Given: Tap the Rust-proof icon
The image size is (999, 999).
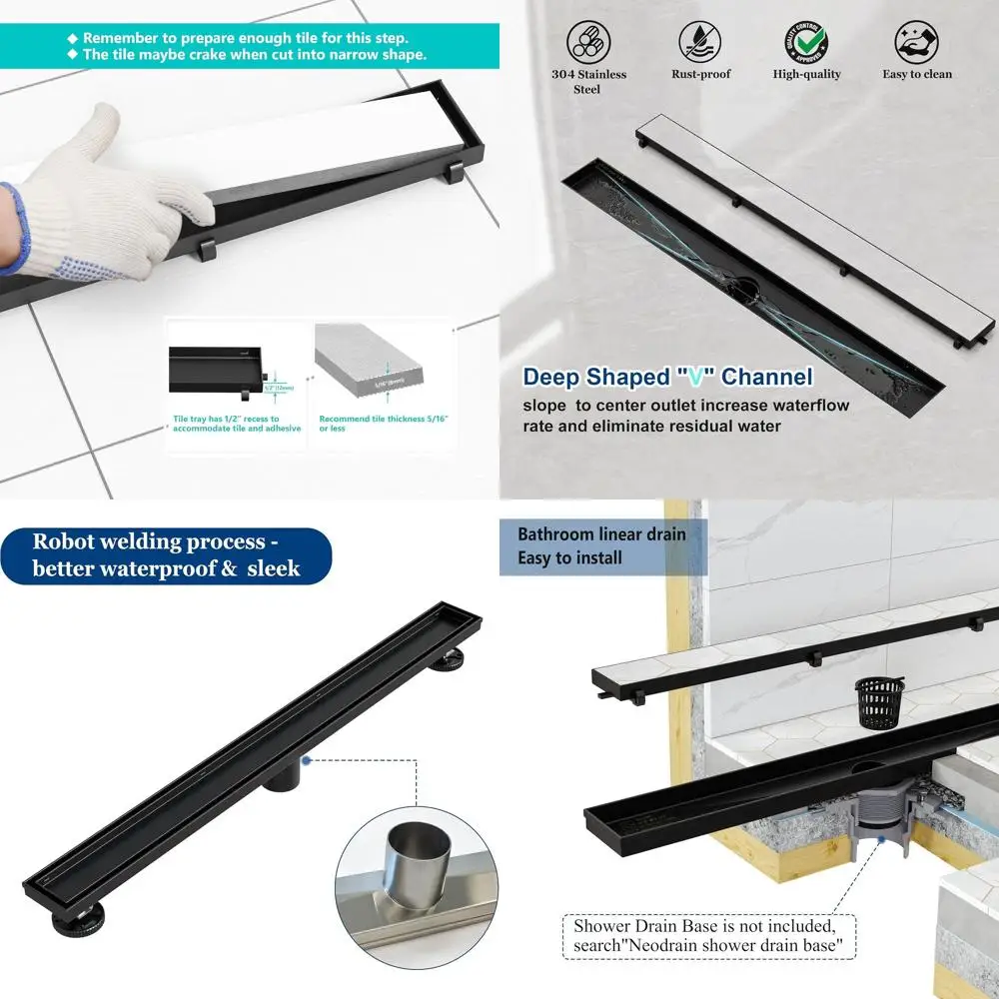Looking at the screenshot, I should (701, 43).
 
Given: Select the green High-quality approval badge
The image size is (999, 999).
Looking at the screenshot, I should (806, 42).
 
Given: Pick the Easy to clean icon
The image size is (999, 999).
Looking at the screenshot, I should (916, 43).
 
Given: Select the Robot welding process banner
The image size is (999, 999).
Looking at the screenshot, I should (166, 555).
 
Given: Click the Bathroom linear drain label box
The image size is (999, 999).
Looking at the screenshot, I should (602, 546).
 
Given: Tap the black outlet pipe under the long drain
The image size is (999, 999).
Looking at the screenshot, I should (283, 772).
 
